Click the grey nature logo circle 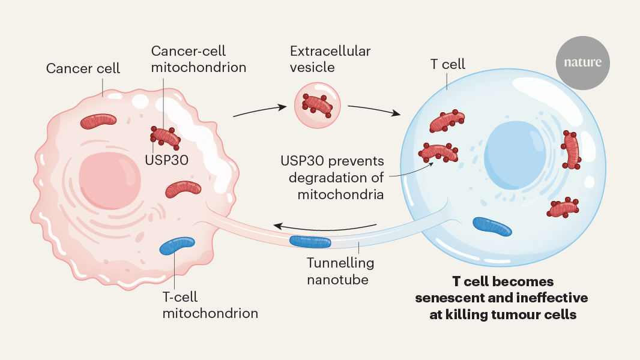click(x=582, y=62)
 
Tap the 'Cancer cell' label click(x=83, y=68)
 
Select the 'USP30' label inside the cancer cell click(x=166, y=160)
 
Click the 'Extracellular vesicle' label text click(x=330, y=59)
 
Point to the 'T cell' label click(x=447, y=64)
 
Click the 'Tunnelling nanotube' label click(x=340, y=271)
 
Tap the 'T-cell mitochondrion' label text click(x=210, y=305)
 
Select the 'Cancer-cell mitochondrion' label click(x=199, y=59)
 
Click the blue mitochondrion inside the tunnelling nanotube click(x=310, y=242)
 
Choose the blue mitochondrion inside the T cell click(x=492, y=226)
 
